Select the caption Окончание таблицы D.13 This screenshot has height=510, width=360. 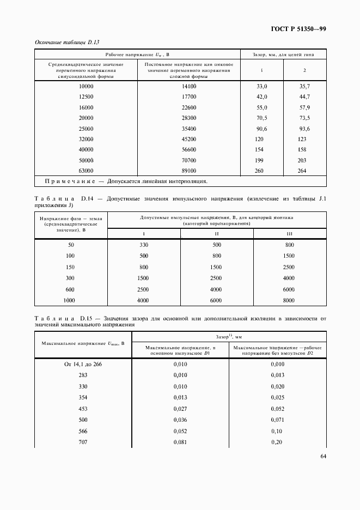[66, 42]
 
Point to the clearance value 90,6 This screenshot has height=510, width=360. [262, 129]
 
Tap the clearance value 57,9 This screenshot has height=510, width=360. [304, 107]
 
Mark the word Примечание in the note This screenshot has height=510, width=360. [64, 181]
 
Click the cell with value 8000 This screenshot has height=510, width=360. [289, 300]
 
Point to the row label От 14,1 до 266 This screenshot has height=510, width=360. [83, 365]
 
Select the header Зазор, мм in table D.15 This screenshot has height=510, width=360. [229, 337]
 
